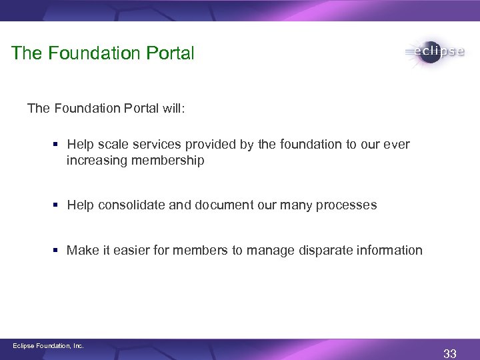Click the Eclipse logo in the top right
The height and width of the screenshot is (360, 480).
click(x=434, y=53)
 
